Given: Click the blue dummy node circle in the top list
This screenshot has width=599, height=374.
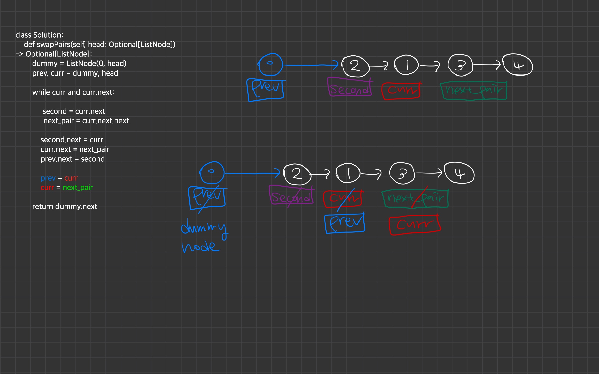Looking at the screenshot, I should coord(270,64).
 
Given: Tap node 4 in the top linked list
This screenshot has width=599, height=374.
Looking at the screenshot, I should coord(518,65).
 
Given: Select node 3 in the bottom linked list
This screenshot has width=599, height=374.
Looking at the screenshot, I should coord(402,173).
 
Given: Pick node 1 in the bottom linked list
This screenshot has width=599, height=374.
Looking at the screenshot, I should coord(348,174).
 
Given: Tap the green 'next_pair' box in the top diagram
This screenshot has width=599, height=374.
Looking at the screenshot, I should coord(473,91).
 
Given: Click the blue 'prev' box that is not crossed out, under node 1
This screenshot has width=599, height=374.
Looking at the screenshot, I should coord(344,223).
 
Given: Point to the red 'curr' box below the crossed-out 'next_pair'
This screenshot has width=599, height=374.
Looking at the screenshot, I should coord(414,225).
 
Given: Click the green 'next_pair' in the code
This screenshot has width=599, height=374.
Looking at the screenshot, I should coord(78,188).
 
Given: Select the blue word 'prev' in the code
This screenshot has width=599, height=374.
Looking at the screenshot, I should coord(48,178).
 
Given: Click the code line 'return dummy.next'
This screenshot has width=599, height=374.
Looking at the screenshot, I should coord(65,207).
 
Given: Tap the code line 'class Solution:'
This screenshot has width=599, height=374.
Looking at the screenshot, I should coord(39,35).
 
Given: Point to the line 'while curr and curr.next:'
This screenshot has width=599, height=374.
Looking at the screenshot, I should coord(73,92).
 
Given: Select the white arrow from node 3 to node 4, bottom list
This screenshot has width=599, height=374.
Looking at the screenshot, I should coord(428,173).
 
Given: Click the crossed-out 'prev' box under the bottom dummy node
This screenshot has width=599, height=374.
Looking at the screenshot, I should coord(207,198).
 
